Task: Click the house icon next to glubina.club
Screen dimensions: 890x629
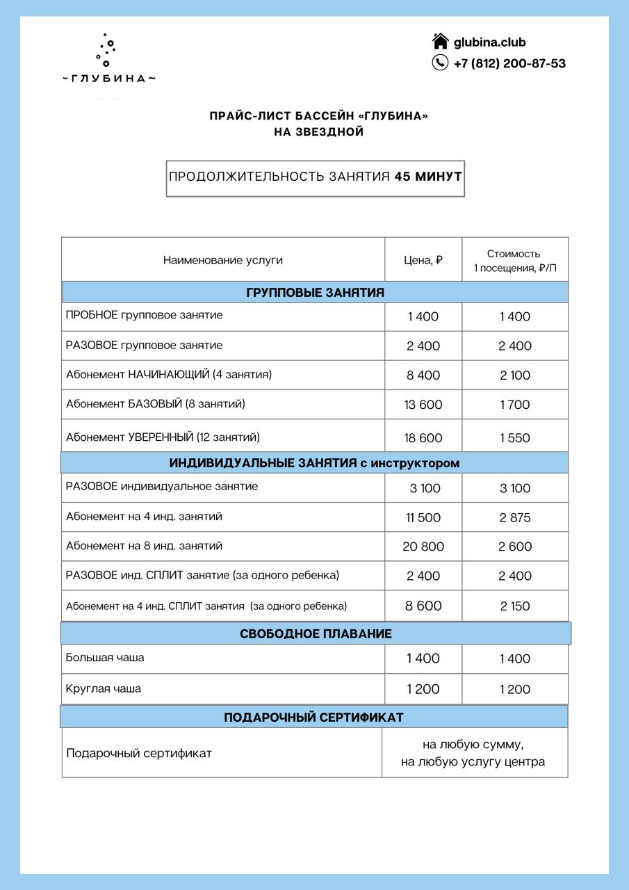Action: click(x=441, y=42)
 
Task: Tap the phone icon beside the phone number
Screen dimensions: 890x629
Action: click(x=441, y=63)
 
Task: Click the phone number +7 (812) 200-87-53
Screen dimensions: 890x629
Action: click(x=509, y=63)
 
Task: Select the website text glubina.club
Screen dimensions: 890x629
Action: click(x=489, y=42)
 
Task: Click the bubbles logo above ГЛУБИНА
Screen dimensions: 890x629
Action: click(x=106, y=50)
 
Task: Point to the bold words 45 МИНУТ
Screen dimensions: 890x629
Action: click(x=428, y=177)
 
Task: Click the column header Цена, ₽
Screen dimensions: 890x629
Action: click(x=423, y=260)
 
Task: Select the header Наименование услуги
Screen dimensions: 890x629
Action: click(x=223, y=260)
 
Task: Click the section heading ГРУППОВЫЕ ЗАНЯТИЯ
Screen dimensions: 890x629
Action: click(x=315, y=293)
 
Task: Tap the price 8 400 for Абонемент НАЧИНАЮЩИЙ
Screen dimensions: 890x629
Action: click(x=423, y=375)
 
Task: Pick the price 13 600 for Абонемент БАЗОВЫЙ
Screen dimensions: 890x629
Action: click(x=423, y=405)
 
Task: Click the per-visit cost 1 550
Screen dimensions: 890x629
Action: click(x=514, y=438)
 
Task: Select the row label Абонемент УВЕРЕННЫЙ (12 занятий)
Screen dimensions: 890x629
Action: click(x=163, y=437)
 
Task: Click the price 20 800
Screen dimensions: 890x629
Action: click(x=423, y=547)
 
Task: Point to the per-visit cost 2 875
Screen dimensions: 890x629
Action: click(x=514, y=517)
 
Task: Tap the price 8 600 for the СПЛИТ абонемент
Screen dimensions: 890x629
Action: click(x=423, y=606)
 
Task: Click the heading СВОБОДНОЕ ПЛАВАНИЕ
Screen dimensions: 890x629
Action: click(x=316, y=633)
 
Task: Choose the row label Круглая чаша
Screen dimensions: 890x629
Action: click(x=104, y=688)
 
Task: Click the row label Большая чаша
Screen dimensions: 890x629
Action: click(x=105, y=658)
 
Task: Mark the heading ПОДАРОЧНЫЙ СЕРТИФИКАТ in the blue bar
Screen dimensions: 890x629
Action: click(x=313, y=717)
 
